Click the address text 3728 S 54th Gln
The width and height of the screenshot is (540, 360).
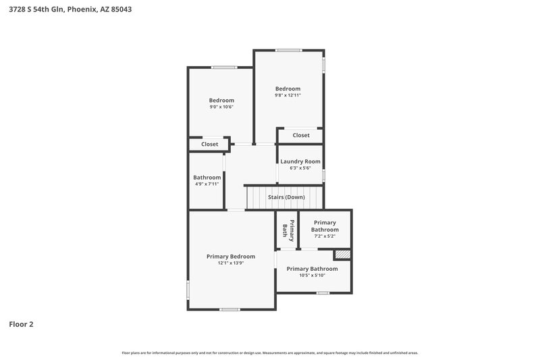click(x=36, y=9)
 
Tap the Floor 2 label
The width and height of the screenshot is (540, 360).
click(x=21, y=324)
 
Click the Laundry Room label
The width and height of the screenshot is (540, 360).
click(x=300, y=161)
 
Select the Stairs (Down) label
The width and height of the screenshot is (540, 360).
click(x=286, y=197)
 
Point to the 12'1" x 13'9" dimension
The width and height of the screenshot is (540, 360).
click(x=231, y=263)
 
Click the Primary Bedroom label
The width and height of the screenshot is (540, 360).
click(x=231, y=256)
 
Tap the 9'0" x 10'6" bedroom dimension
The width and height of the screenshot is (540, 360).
click(x=221, y=107)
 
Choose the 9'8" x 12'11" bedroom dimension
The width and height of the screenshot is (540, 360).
click(x=288, y=95)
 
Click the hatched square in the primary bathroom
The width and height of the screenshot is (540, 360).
click(x=343, y=254)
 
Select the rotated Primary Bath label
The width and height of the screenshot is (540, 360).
click(x=288, y=230)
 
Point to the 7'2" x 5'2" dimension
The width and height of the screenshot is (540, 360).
click(x=325, y=236)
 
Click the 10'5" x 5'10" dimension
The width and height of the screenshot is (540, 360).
click(x=312, y=276)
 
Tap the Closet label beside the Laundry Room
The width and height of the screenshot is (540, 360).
click(x=301, y=135)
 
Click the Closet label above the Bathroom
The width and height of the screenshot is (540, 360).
click(x=210, y=144)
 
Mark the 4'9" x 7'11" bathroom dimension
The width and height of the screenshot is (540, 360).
click(x=207, y=184)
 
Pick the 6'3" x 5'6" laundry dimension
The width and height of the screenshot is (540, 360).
click(x=300, y=168)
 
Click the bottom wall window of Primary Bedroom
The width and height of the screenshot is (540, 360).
click(x=230, y=309)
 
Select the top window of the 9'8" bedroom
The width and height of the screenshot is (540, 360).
click(x=289, y=50)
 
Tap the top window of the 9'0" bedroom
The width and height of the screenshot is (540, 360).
click(x=224, y=68)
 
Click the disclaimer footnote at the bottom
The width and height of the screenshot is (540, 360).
click(x=269, y=353)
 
